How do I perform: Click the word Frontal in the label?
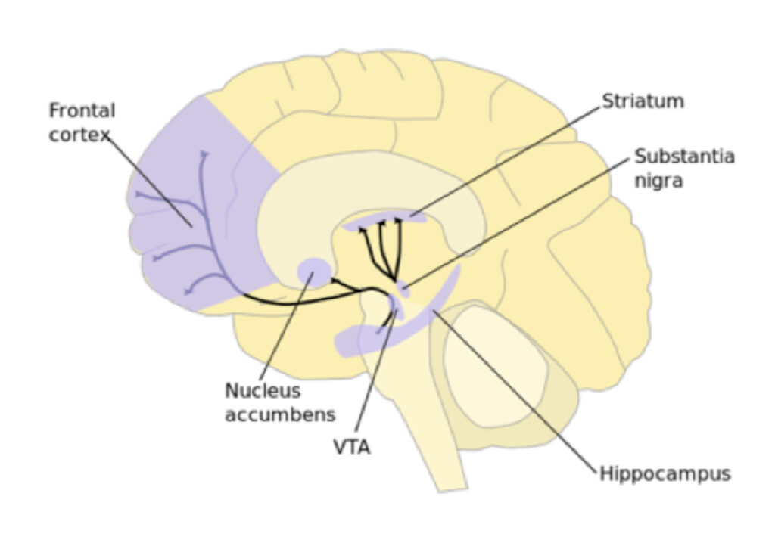pos(82,110)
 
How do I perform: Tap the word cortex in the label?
pos(79,134)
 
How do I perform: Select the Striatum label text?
pos(643,101)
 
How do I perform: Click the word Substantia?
pos(684,156)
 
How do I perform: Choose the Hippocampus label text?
pos(665,474)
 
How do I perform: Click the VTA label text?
pos(352,447)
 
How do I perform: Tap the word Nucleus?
pos(263,391)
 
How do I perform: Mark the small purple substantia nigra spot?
pos(403,289)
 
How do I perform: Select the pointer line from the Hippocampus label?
pos(515,392)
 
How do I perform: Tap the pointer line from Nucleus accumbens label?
pos(286,327)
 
